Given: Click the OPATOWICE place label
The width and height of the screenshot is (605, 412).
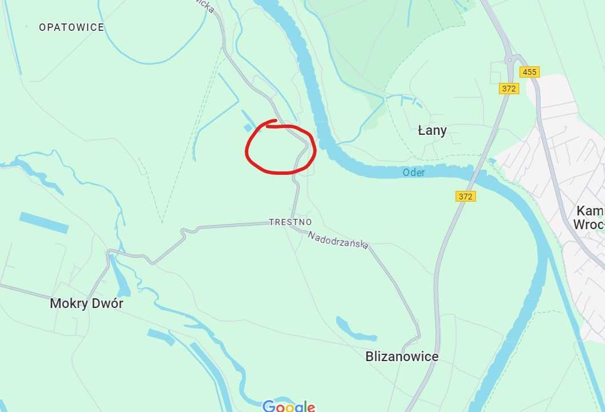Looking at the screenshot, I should click(x=71, y=27).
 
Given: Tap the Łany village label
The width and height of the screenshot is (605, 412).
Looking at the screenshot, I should click(x=432, y=130).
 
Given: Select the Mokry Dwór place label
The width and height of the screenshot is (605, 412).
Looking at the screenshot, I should click(x=86, y=303).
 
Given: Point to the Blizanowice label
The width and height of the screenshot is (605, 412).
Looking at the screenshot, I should click(x=402, y=357).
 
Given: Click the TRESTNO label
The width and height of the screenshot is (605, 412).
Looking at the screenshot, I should click(x=291, y=222).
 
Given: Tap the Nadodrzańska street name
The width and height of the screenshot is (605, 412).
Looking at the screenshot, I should click(x=338, y=240).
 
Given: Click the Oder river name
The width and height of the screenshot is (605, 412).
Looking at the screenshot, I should click(x=414, y=172).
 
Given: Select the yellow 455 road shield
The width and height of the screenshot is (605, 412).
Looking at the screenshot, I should click(x=530, y=72).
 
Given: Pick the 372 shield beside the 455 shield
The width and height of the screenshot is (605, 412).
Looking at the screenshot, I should click(x=509, y=89).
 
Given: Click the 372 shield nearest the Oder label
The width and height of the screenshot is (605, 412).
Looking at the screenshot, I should click(x=466, y=196).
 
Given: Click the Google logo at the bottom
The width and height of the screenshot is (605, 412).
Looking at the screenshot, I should click(x=289, y=406).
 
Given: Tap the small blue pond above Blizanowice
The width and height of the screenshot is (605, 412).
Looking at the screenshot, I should click(x=355, y=330).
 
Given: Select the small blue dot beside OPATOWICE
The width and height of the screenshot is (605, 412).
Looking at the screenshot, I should click(x=26, y=27).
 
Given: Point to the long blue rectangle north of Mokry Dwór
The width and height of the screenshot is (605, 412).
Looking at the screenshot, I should click(x=44, y=222).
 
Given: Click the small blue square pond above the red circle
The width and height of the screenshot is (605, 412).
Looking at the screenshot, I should click(x=248, y=127).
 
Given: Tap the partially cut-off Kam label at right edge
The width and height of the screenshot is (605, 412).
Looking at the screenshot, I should click(x=591, y=210).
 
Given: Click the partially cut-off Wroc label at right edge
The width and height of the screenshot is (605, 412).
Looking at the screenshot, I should click(x=588, y=224).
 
